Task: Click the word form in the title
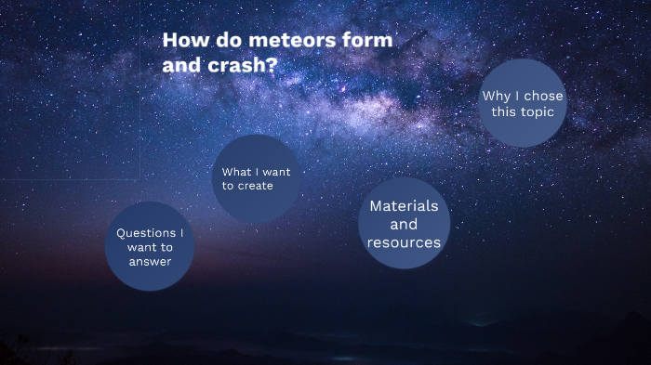click(x=370, y=41)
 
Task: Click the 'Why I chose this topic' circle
click(x=523, y=103)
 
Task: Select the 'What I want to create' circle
click(x=256, y=178)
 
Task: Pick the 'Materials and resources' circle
click(x=404, y=224)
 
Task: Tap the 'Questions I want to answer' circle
click(x=149, y=246)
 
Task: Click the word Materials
click(x=404, y=205)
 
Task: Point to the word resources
click(x=404, y=242)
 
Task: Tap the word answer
click(x=150, y=262)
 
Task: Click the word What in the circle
click(x=236, y=172)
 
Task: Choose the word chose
click(x=542, y=96)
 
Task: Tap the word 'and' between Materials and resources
click(x=404, y=224)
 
